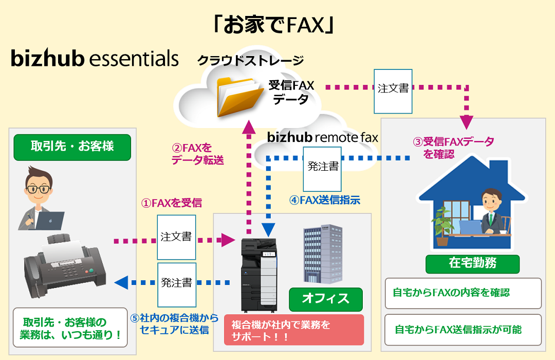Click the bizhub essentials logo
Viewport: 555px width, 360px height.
[x=95, y=58]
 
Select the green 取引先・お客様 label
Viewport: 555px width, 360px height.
[x=72, y=147]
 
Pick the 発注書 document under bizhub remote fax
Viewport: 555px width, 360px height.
[x=323, y=167]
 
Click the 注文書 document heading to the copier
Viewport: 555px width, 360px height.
[x=176, y=237]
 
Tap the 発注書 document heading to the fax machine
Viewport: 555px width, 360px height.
[x=176, y=282]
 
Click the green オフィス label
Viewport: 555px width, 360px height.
[x=325, y=299]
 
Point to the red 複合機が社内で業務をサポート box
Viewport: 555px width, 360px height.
[x=294, y=330]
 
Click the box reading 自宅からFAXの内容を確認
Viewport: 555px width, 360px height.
[x=463, y=294]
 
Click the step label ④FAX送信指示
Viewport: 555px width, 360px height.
[x=324, y=201]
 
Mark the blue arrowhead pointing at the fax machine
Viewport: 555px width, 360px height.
[x=121, y=282]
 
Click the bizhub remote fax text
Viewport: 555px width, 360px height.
[x=322, y=137]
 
